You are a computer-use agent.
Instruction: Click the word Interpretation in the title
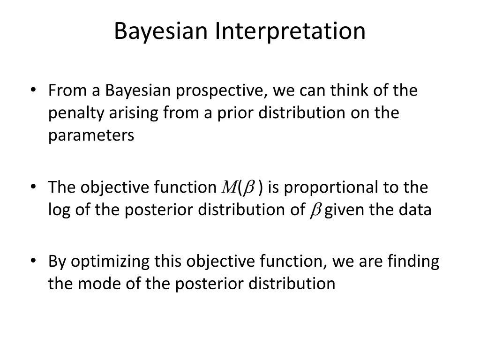(290, 31)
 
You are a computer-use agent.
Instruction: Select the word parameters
(91, 135)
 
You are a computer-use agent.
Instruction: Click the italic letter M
(227, 187)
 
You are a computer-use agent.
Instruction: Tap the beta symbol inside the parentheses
(248, 187)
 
